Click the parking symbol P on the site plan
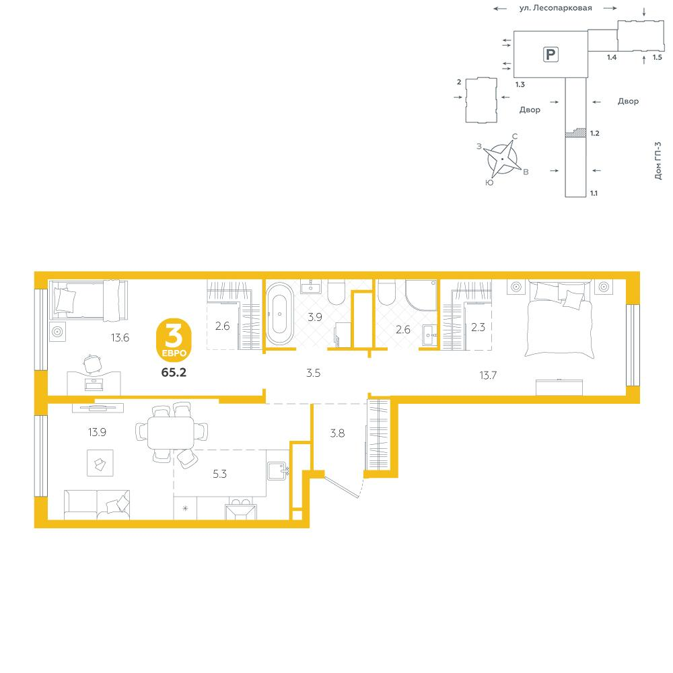(x=551, y=55)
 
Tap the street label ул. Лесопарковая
(x=555, y=8)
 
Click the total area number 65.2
(x=174, y=373)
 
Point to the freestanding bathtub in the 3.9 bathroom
(x=280, y=314)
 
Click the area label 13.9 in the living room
(x=97, y=432)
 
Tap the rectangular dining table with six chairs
(x=172, y=433)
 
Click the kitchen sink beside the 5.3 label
(x=278, y=470)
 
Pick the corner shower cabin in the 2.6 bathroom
(x=421, y=295)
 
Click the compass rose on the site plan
(x=502, y=159)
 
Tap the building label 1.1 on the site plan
(x=594, y=193)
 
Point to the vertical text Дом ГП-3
(x=658, y=161)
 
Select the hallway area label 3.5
(x=314, y=373)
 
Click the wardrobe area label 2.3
(x=478, y=327)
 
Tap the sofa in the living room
(x=97, y=505)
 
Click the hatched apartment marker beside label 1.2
(x=576, y=133)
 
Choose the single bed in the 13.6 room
(x=89, y=300)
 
